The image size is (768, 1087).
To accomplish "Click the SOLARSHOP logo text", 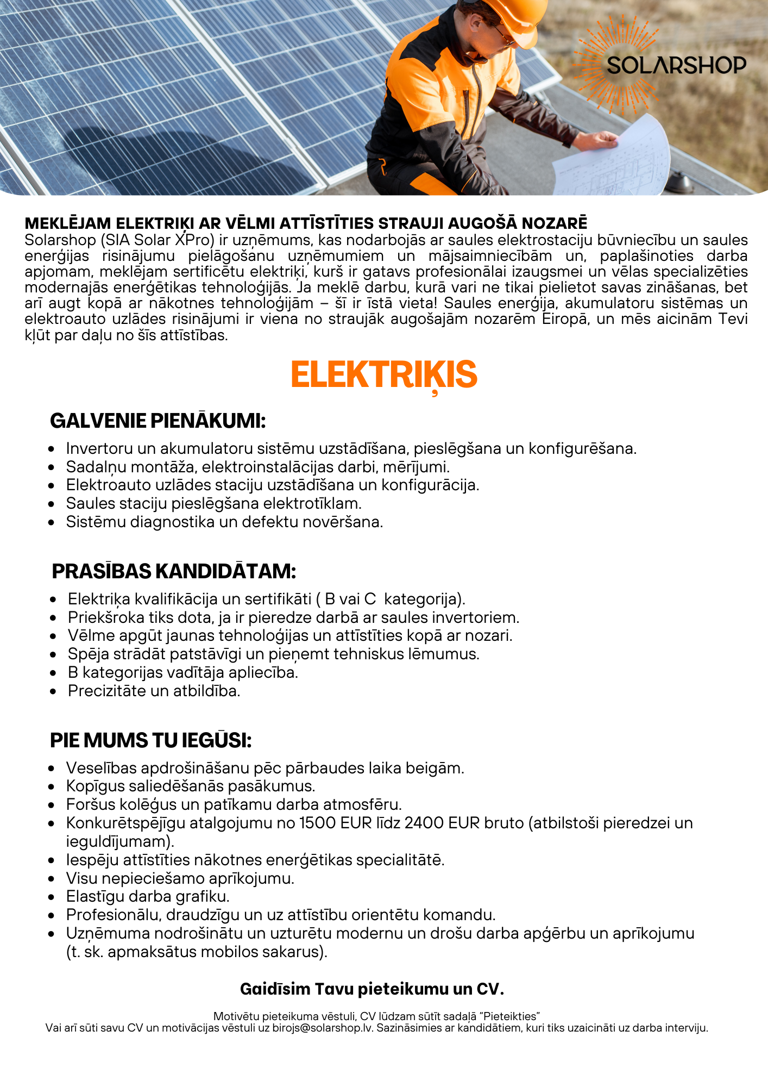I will (676, 65).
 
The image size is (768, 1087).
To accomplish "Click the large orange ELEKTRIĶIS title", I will (384, 375).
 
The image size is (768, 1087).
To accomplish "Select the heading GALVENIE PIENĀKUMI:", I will (158, 421).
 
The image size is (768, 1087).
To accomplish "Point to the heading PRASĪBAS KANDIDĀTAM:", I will (174, 571).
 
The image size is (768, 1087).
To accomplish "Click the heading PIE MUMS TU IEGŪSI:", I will (150, 740).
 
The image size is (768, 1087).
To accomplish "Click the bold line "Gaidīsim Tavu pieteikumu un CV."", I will (372, 989).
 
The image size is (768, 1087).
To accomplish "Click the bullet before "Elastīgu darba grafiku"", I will (52, 897).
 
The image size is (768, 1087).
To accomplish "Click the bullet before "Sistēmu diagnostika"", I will (52, 522).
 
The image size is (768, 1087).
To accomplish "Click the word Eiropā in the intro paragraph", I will (565, 319).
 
